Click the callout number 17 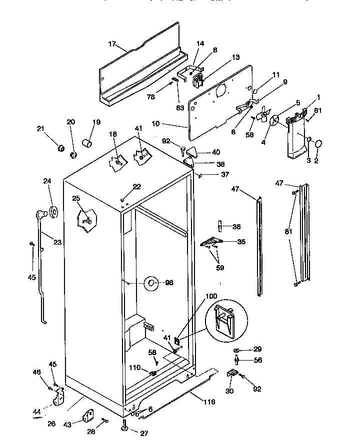pyautogui.click(x=112, y=44)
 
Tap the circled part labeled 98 pyautogui.click(x=151, y=283)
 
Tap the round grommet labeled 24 pyautogui.click(x=52, y=212)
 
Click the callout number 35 pyautogui.click(x=241, y=242)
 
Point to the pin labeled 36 pyautogui.click(x=219, y=226)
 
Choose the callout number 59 pyautogui.click(x=219, y=267)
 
